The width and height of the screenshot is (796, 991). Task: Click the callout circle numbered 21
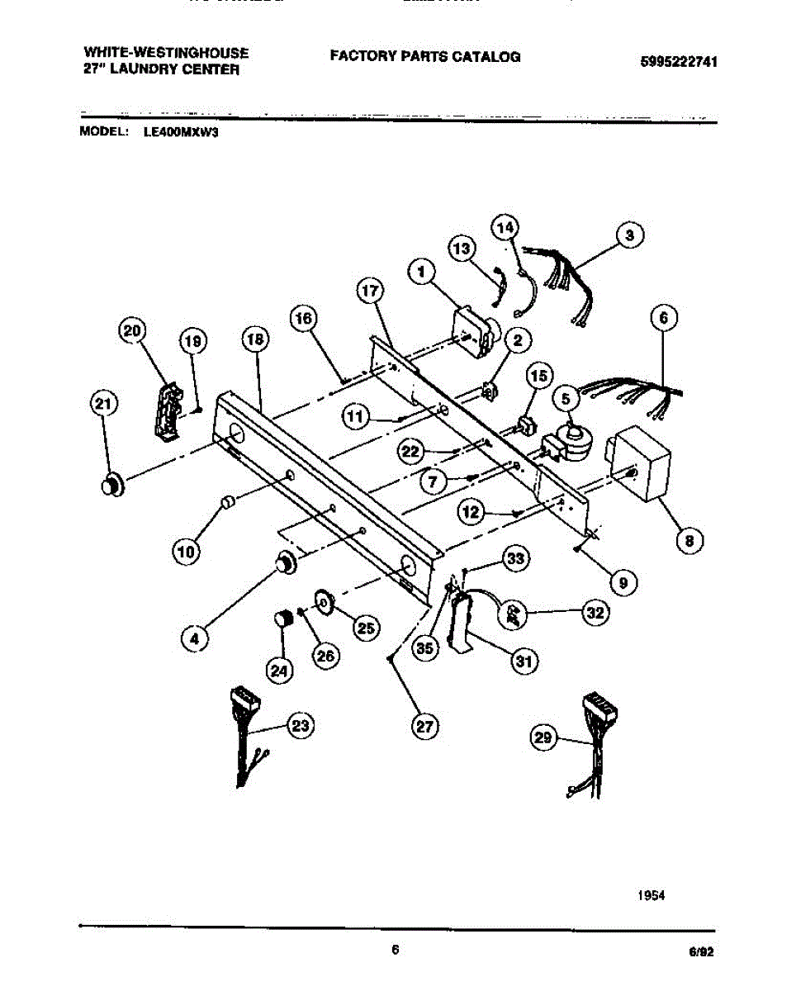coord(102,403)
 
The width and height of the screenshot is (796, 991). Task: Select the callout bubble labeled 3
coord(629,236)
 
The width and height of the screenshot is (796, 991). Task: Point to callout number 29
coord(543,739)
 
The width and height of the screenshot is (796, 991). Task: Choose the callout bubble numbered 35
coord(425,648)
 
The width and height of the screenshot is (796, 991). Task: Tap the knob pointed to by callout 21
coord(111,485)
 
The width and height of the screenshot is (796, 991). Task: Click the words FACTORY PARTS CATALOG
coord(425,56)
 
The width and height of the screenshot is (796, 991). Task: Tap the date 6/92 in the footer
coord(701,951)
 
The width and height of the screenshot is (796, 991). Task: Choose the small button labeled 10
coord(228,503)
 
